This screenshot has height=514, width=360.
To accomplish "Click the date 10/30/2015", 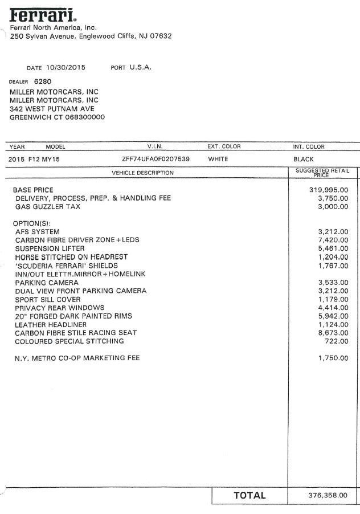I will pos(66,67).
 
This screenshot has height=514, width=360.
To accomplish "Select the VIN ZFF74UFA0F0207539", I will pos(156,159).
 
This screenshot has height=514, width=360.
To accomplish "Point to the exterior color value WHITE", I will pos(218,159).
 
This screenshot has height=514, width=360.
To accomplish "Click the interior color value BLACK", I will pos(303,159).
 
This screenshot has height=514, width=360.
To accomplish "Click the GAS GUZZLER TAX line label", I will pos(48,207).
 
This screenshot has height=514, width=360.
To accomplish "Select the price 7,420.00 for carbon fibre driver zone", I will pos(332,240).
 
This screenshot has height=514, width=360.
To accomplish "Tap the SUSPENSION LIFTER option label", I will pos(50,248).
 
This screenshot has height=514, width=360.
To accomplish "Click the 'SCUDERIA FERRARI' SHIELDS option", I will pos(66,266).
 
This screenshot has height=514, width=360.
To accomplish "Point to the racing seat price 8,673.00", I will pos(332,333).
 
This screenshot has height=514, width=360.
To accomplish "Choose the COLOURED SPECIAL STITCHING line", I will pos(69,341).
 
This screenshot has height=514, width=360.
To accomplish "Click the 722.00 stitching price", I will pos(336,341).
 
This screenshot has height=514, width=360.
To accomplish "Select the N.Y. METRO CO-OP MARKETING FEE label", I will pos(77,358).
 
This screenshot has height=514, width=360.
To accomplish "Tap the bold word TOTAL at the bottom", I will pos(249,495).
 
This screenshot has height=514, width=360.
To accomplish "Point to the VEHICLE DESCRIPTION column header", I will pos(142,173).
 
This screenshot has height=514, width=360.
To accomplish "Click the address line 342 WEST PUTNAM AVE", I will pos(52,109).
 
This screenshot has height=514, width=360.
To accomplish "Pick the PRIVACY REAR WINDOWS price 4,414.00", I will pos(332,308).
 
